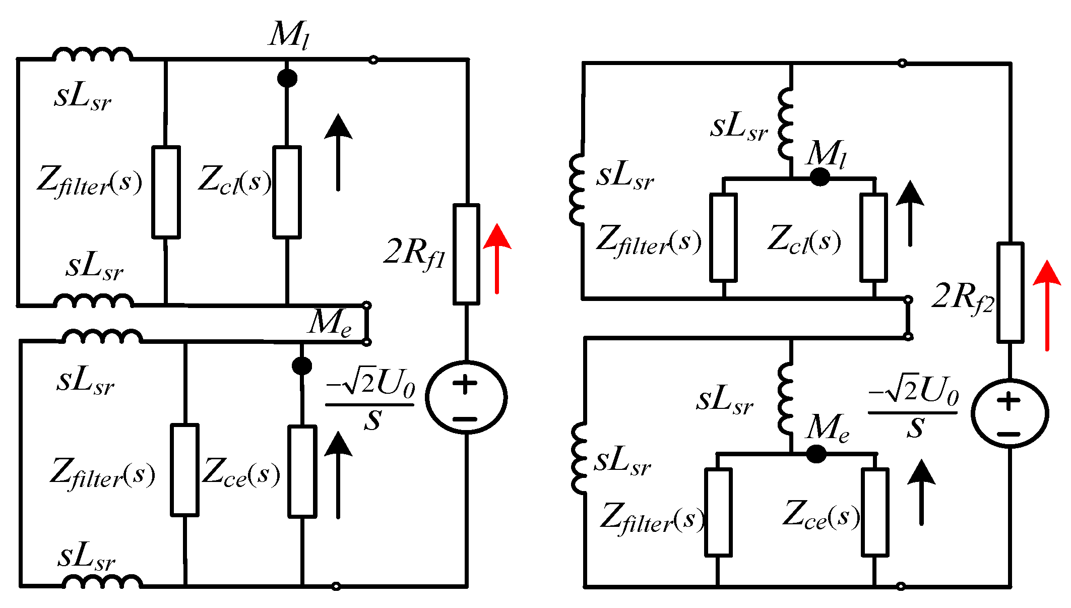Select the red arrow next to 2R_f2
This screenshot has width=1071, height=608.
(1047, 305)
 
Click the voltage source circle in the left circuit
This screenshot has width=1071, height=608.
(466, 397)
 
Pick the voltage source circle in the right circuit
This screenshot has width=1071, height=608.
(1010, 413)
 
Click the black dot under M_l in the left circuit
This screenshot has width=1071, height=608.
(287, 78)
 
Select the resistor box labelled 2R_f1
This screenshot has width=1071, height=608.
(466, 254)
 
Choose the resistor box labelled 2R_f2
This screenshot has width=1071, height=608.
(1010, 293)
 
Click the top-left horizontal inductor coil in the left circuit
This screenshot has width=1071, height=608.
(93, 54)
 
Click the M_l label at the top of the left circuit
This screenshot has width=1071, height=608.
(289, 35)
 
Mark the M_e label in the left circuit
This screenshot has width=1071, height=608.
(330, 323)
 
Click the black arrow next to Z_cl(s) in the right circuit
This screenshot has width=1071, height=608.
(910, 214)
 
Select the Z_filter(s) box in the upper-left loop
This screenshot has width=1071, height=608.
(166, 192)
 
